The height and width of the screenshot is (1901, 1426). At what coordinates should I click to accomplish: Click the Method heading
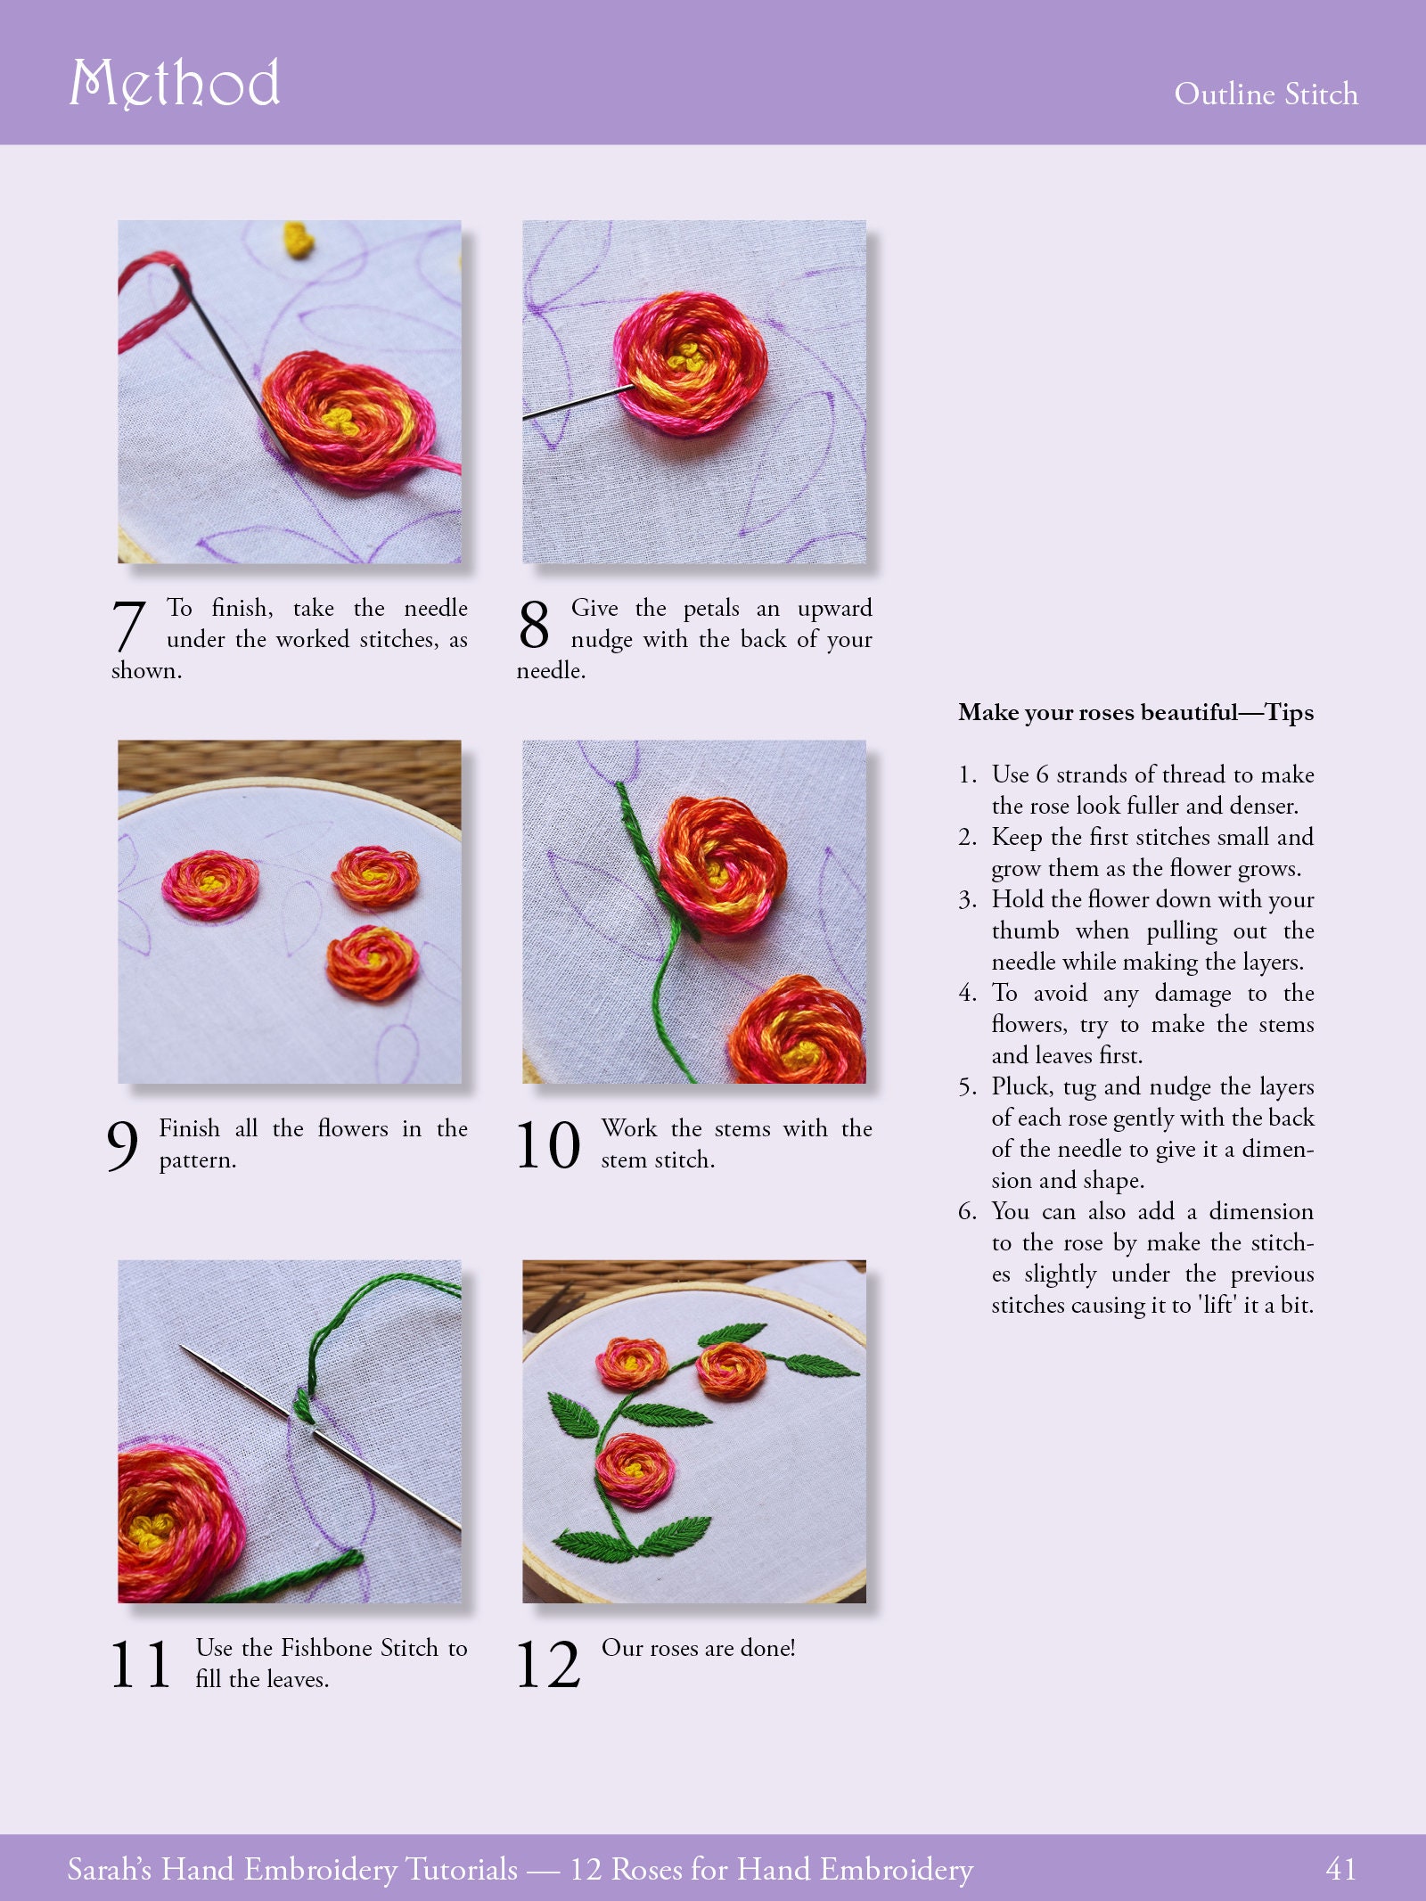click(x=175, y=83)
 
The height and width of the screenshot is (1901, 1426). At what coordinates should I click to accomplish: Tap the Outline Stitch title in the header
click(x=1266, y=94)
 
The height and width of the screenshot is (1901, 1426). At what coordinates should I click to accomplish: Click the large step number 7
click(x=129, y=626)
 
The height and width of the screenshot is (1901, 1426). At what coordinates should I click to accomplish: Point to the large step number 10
click(x=548, y=1145)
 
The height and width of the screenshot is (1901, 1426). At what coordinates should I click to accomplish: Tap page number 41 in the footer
click(x=1340, y=1869)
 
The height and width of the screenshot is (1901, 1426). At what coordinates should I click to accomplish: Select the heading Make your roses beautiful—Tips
click(x=1135, y=712)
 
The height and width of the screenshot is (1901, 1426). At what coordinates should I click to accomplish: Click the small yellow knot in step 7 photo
click(x=299, y=239)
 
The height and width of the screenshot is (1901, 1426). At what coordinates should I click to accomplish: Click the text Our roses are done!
click(x=698, y=1648)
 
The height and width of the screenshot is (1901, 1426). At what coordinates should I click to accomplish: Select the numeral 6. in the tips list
click(x=968, y=1211)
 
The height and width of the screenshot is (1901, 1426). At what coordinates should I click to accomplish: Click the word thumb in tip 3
click(x=1025, y=930)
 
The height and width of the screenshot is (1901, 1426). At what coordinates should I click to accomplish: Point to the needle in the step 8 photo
click(x=575, y=403)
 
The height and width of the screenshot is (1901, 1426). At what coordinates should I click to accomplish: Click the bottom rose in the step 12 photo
click(x=635, y=1471)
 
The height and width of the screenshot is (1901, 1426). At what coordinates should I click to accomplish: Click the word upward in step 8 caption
click(x=834, y=608)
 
